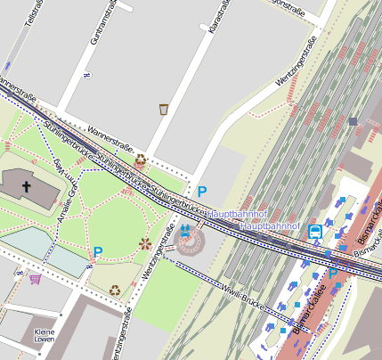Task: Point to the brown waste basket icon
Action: (164, 109)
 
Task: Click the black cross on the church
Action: (27, 187)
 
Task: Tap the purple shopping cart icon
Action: (35, 279)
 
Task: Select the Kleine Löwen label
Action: (45, 336)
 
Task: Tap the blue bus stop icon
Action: (315, 232)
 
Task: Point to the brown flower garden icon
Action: (145, 242)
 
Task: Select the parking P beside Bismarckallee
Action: (332, 274)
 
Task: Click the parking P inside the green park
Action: (98, 252)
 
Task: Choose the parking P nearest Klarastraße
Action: (202, 192)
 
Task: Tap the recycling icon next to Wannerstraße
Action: (141, 160)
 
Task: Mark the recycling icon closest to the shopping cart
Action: (115, 290)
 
